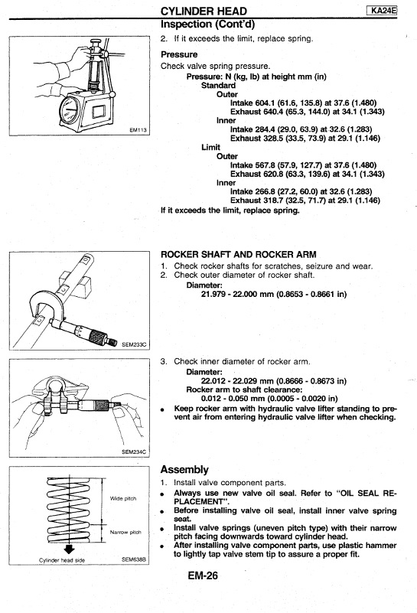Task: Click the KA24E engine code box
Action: [382, 11]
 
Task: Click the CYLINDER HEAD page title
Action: [204, 11]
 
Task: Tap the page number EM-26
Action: [203, 576]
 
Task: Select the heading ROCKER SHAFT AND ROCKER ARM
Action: [239, 255]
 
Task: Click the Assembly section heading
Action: [184, 470]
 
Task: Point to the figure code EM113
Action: [138, 130]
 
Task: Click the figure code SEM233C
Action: [134, 344]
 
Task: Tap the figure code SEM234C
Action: [134, 452]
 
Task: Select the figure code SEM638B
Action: [134, 559]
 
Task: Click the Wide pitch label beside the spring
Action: [123, 498]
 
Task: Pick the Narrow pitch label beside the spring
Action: [125, 532]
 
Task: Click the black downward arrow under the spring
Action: [69, 549]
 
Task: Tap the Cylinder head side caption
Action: [62, 560]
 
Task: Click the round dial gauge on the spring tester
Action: [70, 111]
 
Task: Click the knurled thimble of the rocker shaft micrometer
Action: [98, 335]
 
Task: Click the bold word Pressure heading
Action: [179, 54]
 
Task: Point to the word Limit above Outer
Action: [210, 147]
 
